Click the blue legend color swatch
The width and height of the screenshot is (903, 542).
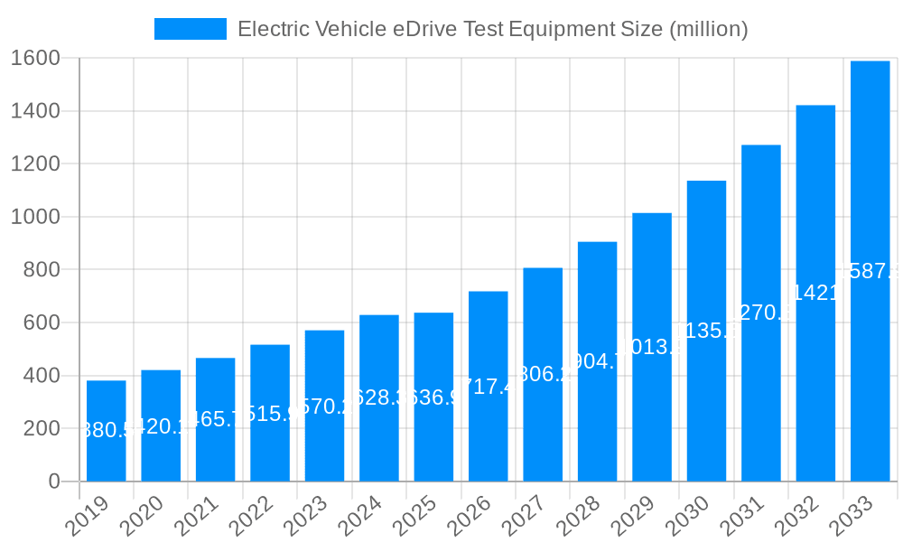pyautogui.click(x=191, y=29)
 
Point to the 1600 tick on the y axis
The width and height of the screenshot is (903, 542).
pyautogui.click(x=35, y=59)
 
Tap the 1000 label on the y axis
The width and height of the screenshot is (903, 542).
pyautogui.click(x=35, y=217)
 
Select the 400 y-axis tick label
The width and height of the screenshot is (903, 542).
pyautogui.click(x=41, y=376)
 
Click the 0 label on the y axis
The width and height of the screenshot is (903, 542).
pyautogui.click(x=54, y=481)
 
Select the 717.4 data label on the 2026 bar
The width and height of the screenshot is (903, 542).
pyautogui.click(x=489, y=387)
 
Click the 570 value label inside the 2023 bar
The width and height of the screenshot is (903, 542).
pyautogui.click(x=324, y=406)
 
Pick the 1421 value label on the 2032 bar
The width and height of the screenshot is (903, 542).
pyautogui.click(x=815, y=293)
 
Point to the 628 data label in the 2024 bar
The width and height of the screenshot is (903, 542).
pyautogui.click(x=379, y=398)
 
